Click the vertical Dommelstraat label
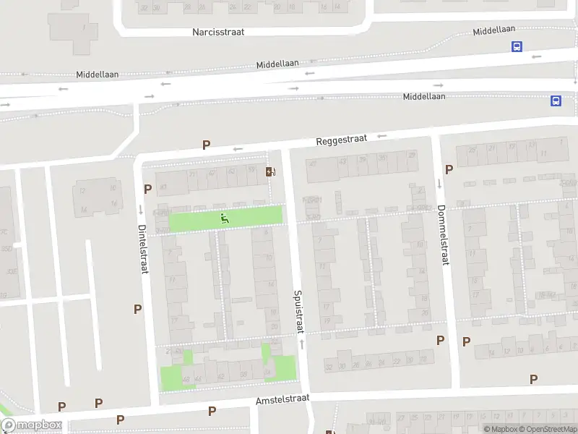442,235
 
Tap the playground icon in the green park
225,217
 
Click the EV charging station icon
270,171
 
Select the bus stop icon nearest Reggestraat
556,101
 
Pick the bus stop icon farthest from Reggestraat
517,46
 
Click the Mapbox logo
31,426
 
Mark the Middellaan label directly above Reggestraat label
424,96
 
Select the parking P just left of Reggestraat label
207,145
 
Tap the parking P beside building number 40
148,189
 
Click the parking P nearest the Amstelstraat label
212,411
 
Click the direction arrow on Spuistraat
301,345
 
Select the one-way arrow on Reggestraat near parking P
237,150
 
